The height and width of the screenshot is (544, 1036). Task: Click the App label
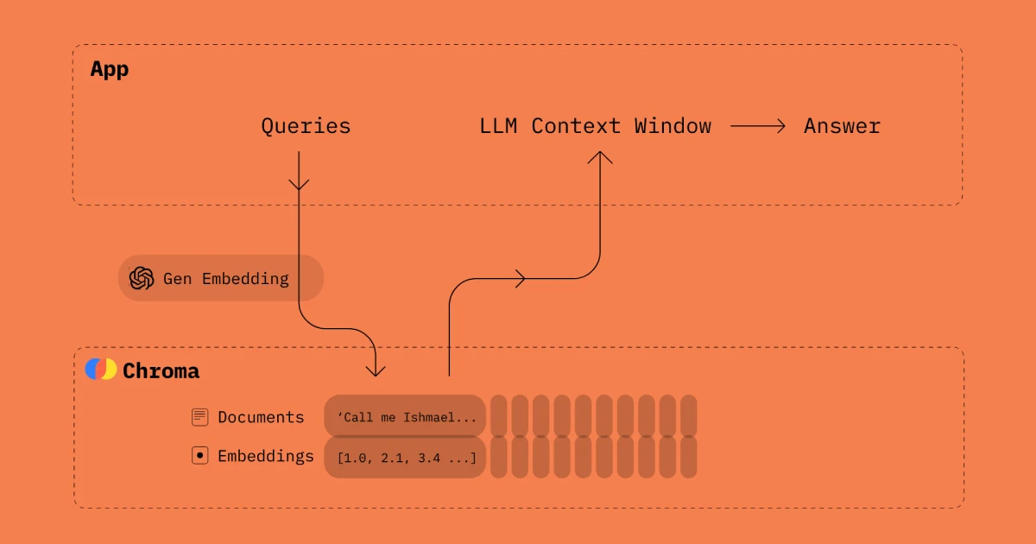[110, 69]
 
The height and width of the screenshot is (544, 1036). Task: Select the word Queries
[306, 126]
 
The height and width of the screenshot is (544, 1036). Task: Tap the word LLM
[498, 126]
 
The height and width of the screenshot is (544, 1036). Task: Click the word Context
[576, 126]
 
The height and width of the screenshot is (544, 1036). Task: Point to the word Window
[673, 126]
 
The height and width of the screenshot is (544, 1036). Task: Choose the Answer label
[842, 126]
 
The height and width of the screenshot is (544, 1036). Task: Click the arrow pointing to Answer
[758, 126]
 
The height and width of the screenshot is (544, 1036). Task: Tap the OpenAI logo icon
[141, 278]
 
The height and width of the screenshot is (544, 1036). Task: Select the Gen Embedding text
[226, 278]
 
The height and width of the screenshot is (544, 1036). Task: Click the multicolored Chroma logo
[100, 370]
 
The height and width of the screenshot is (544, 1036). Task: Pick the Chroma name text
[161, 371]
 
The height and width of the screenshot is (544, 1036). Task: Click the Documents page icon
[200, 417]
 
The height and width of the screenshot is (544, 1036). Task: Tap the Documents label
[261, 417]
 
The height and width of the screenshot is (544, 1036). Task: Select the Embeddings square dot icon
[200, 455]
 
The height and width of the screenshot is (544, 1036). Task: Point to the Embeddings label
[266, 455]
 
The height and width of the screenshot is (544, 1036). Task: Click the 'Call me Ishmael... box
[405, 417]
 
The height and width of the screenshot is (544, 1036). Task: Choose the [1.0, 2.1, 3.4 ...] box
[405, 457]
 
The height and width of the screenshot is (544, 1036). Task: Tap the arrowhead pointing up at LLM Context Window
[599, 157]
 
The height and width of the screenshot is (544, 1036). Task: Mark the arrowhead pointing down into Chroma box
[376, 370]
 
